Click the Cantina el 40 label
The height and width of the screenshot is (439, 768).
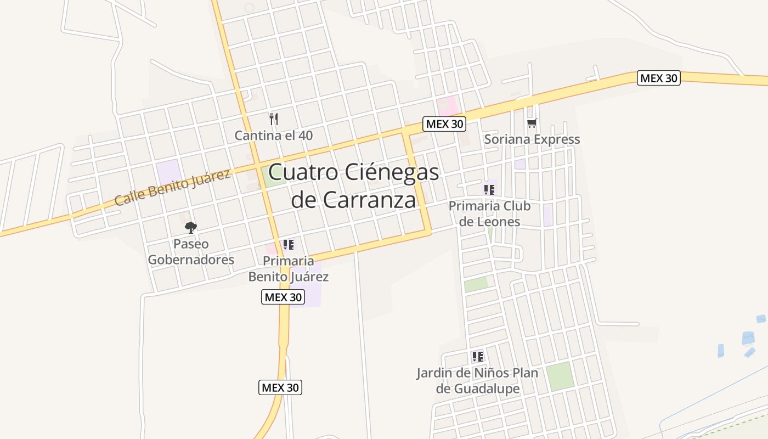coord(274,135)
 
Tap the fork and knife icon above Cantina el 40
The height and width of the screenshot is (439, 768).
coord(274,119)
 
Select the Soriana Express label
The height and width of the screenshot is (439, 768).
coord(532,139)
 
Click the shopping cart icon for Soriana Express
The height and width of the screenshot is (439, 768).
coord(532,123)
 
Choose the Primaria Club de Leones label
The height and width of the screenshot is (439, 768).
coord(489,213)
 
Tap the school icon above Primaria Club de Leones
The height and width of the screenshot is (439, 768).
coord(489,190)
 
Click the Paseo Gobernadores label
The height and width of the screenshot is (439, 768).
coord(191,251)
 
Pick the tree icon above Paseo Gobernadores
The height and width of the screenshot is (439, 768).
coord(191,227)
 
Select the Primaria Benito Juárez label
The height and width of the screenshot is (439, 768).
coord(289,268)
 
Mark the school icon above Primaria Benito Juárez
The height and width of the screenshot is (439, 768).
coord(289,245)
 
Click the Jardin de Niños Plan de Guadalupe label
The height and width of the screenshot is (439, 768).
coord(477,381)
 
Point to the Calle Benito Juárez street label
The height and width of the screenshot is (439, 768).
coord(172,188)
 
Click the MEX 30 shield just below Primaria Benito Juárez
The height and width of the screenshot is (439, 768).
coord(282,297)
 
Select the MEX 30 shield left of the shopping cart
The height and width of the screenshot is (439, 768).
coord(444,124)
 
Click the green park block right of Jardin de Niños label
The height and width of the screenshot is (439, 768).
coord(560,376)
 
